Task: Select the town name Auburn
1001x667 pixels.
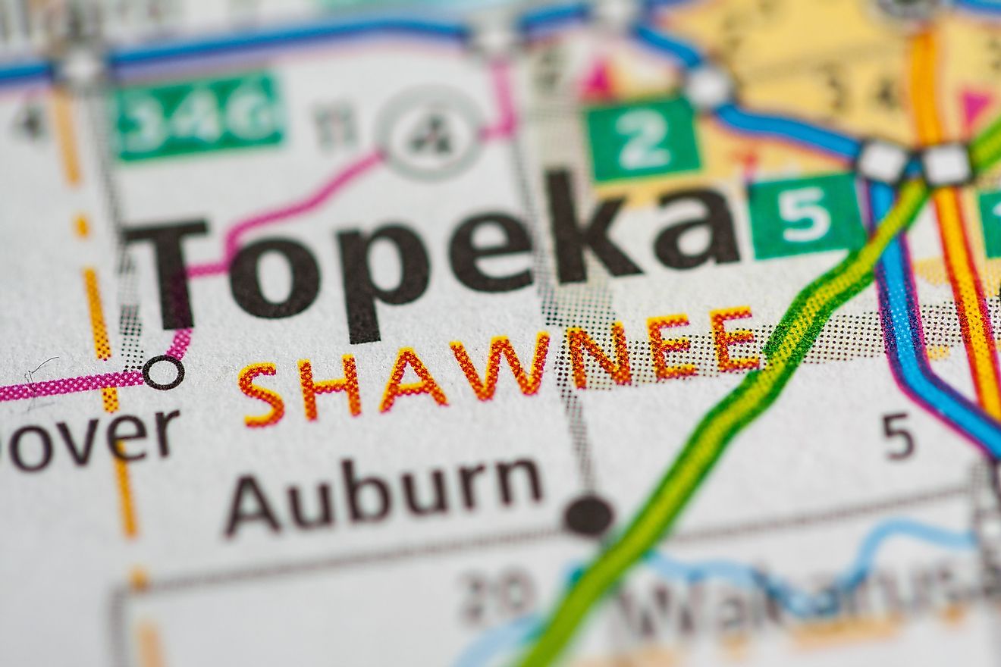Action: click(x=384, y=493)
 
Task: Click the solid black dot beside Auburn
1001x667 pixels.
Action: click(x=588, y=515)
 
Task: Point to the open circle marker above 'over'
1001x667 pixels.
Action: click(x=163, y=372)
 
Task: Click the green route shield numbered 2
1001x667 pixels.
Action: click(x=643, y=139)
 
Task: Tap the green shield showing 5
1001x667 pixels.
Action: click(x=806, y=215)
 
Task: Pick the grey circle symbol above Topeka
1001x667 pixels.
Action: click(x=430, y=132)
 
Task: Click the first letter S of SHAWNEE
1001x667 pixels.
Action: click(x=262, y=394)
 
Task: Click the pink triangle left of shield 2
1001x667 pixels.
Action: click(x=599, y=80)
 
